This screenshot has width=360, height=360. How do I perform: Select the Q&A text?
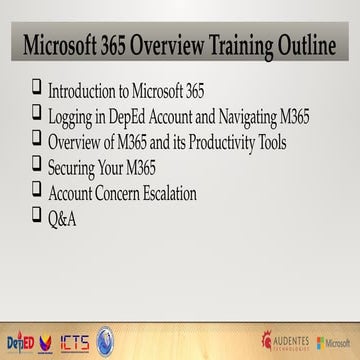pos(63,217)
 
